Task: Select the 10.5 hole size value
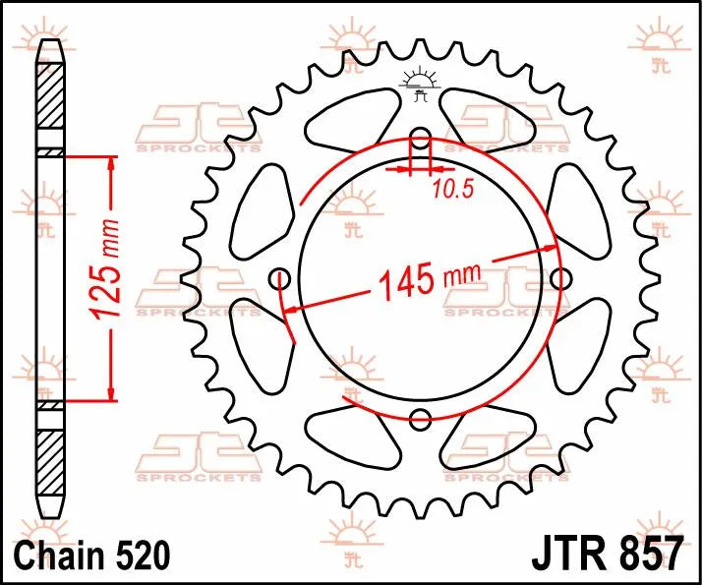tap(451, 189)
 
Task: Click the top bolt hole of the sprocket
tap(420, 137)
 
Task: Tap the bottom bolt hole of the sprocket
tap(420, 420)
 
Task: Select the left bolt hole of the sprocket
tap(278, 278)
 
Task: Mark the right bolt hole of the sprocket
tap(560, 279)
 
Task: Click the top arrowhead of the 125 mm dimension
tap(111, 163)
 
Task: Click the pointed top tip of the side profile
tap(49, 42)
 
